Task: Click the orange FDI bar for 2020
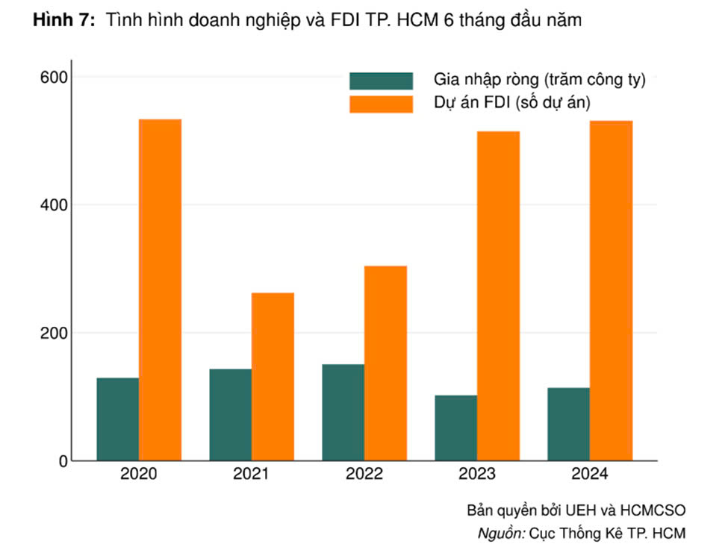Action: pyautogui.click(x=161, y=290)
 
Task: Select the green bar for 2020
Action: pyautogui.click(x=118, y=419)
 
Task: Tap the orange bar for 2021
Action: pyautogui.click(x=273, y=377)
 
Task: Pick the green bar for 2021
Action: pyautogui.click(x=231, y=415)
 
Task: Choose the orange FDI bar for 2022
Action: pyautogui.click(x=386, y=363)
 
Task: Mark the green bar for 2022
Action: pyautogui.click(x=343, y=413)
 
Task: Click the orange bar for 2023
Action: pyautogui.click(x=499, y=296)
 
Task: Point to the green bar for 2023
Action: pyautogui.click(x=456, y=428)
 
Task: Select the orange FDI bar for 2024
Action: pyautogui.click(x=612, y=290)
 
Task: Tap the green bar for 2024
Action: pyautogui.click(x=569, y=424)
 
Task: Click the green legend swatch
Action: pyautogui.click(x=382, y=81)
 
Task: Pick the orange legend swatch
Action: pyautogui.click(x=382, y=104)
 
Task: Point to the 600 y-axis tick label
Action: pyautogui.click(x=54, y=77)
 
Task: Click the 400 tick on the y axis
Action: pyautogui.click(x=54, y=205)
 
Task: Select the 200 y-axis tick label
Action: pyautogui.click(x=54, y=334)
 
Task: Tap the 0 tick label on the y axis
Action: pyautogui.click(x=63, y=461)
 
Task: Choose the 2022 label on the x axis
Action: pyautogui.click(x=364, y=473)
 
